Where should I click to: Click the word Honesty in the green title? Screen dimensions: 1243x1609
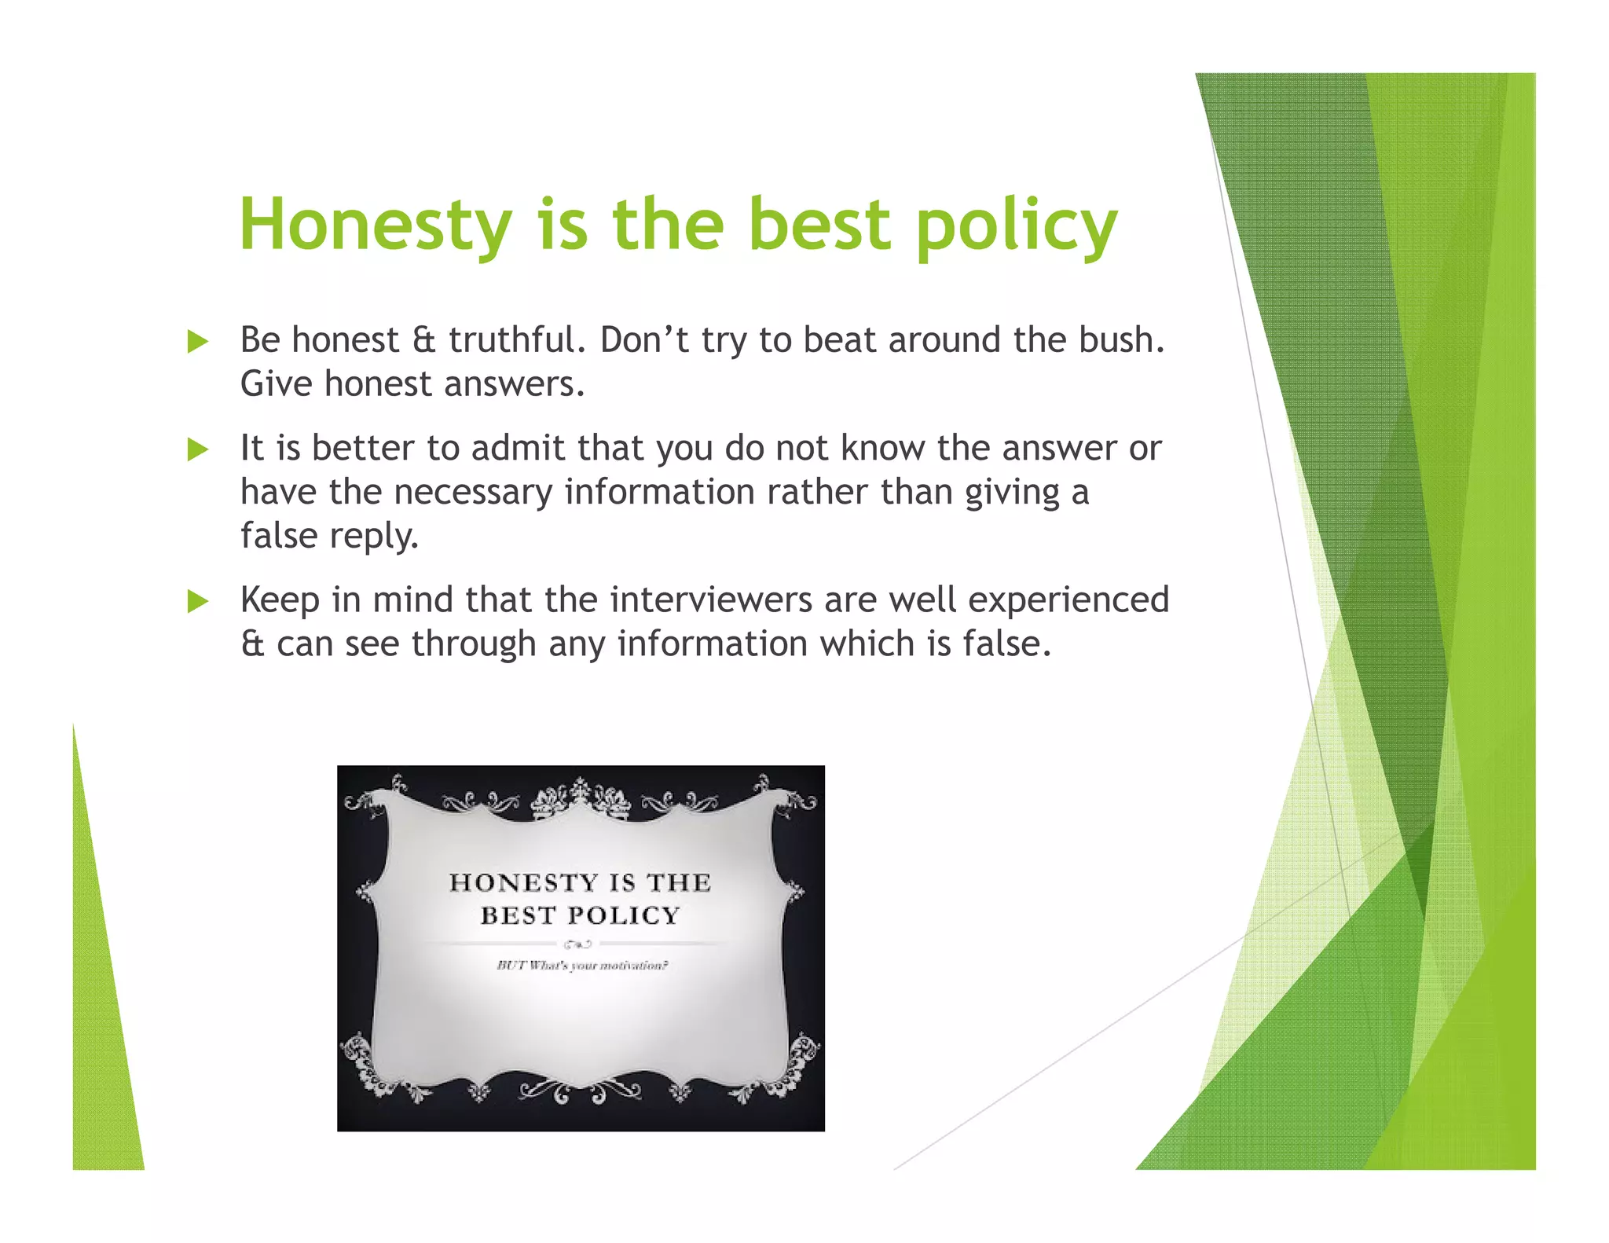[376, 225]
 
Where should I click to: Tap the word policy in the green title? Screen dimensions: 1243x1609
[1016, 225]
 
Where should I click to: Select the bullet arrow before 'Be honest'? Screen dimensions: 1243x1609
[198, 342]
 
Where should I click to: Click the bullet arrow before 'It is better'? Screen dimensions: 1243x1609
[198, 449]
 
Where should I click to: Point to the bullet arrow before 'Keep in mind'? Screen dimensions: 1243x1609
[198, 602]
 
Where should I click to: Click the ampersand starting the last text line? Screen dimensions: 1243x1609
[252, 644]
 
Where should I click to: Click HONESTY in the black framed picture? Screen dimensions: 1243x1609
[513, 882]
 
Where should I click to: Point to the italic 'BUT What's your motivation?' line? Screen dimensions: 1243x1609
[581, 966]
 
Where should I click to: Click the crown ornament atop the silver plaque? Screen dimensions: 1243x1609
[581, 798]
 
